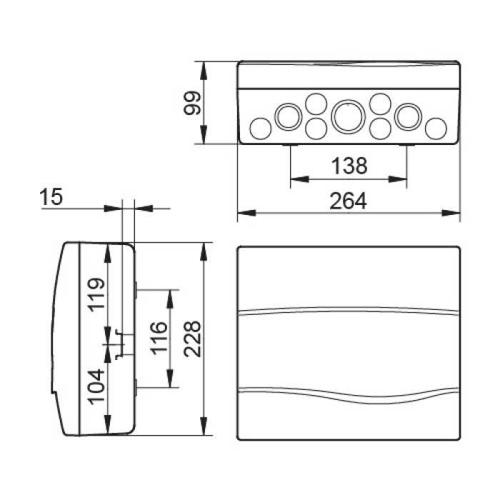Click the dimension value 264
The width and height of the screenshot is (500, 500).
point(348,202)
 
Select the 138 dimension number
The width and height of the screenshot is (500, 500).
point(349,166)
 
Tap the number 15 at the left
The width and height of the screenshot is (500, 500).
point(51,198)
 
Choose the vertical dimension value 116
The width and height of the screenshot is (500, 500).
point(158,339)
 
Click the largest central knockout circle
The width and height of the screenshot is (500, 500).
point(348,116)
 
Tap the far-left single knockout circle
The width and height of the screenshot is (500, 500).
point(261,129)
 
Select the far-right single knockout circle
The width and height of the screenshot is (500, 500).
point(435,129)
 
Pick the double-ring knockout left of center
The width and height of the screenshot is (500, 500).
point(288,116)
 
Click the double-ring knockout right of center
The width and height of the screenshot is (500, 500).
point(408,116)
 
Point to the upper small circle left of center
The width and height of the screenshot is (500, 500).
point(316,104)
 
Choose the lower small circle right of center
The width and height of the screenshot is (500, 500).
point(380,129)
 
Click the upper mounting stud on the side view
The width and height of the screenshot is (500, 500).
point(136,289)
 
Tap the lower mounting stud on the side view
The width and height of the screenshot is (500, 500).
point(136,388)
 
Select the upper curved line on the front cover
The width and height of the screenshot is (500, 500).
point(348,310)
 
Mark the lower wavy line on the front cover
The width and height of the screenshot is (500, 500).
point(348,391)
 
